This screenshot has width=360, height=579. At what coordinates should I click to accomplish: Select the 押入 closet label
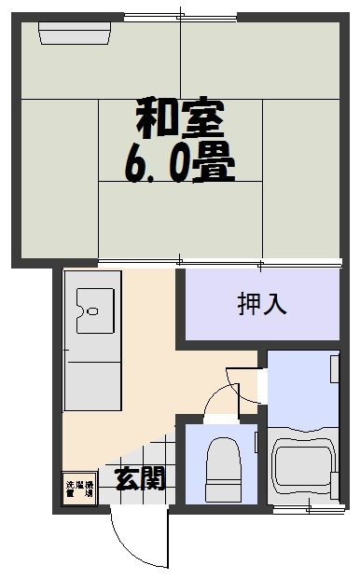[x=261, y=304]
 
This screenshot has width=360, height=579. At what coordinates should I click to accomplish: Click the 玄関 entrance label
[x=140, y=479]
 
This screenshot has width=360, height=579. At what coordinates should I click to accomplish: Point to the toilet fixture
[x=222, y=471]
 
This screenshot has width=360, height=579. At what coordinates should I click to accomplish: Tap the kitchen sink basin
[x=92, y=309]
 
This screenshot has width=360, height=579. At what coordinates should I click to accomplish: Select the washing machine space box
[x=79, y=489]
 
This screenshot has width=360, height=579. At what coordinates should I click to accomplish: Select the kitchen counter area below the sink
[x=92, y=382]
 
